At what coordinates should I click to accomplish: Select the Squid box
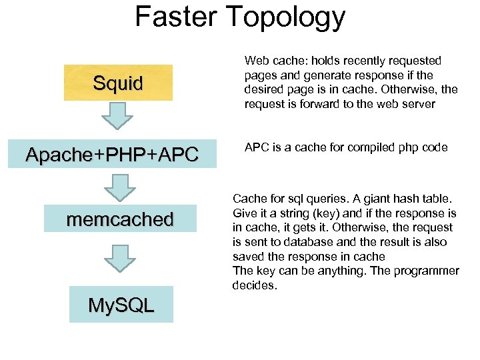coord(118,83)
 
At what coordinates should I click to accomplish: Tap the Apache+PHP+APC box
coord(112,155)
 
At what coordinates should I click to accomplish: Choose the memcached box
coord(120,219)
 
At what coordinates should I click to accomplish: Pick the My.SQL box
coord(121,305)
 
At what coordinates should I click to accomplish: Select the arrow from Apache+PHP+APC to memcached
coord(120,187)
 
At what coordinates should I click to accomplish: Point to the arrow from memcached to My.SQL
coord(120,257)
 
